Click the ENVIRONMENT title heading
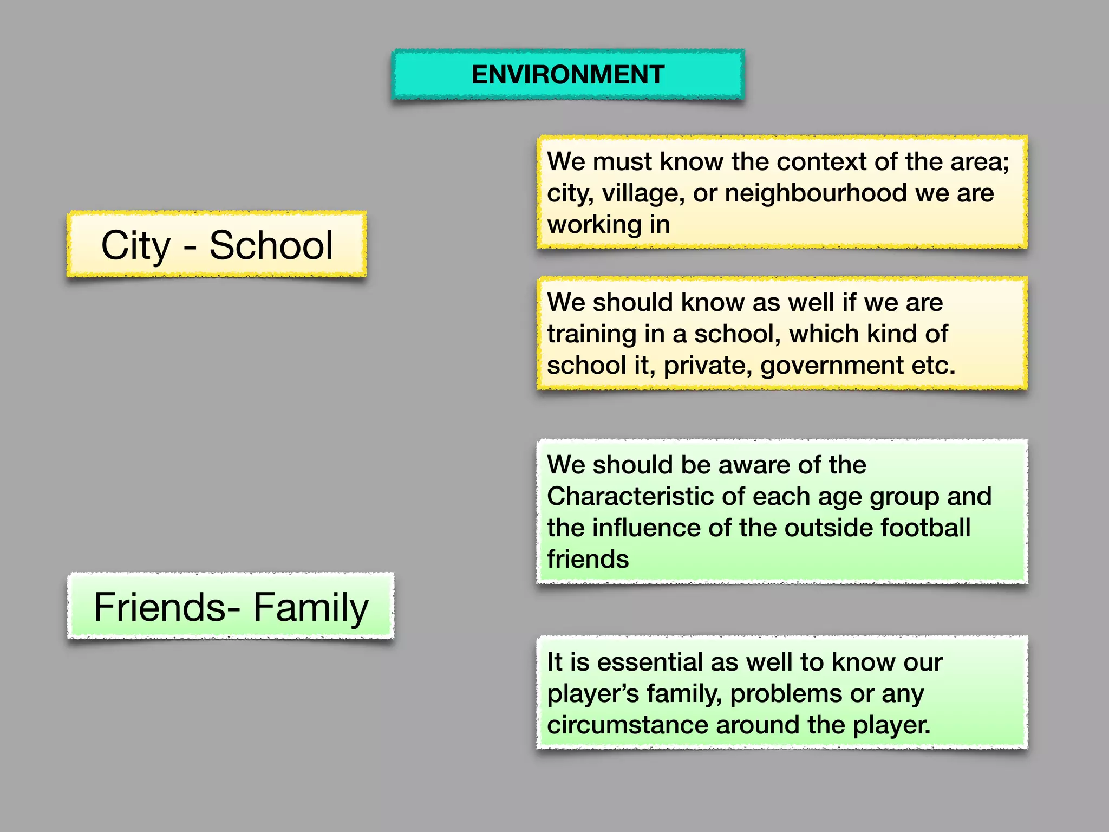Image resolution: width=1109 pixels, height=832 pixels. pyautogui.click(x=568, y=75)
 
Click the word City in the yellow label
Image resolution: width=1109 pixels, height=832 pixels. pyautogui.click(x=136, y=245)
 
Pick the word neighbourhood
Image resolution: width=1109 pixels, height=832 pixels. pyautogui.click(x=816, y=193)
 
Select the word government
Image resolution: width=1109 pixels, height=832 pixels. pyautogui.click(x=832, y=366)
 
